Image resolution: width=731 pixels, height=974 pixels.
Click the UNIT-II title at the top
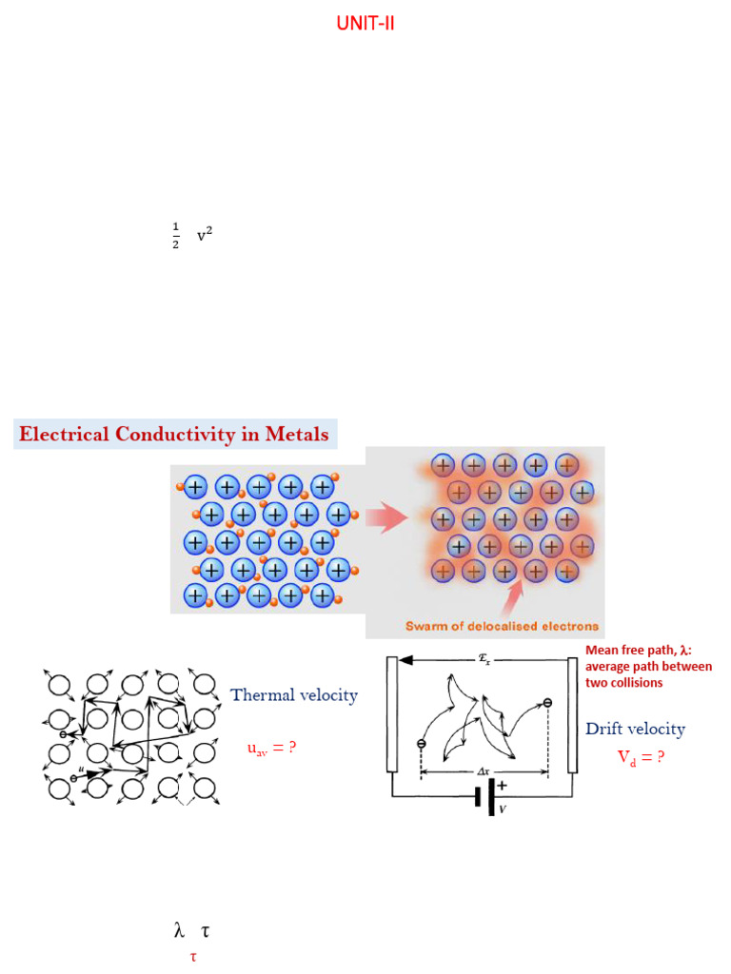coord(365,24)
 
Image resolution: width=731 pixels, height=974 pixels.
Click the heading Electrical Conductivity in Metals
coord(174,436)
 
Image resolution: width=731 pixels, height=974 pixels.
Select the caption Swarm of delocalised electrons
coord(503,626)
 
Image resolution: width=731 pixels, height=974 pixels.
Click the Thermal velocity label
coord(294,695)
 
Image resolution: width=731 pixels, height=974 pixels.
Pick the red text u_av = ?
coord(271,749)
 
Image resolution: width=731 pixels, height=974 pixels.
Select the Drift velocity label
coord(635,729)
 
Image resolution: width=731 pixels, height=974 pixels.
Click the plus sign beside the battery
coord(502,786)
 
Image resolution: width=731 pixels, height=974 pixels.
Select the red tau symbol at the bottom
coord(192,956)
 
